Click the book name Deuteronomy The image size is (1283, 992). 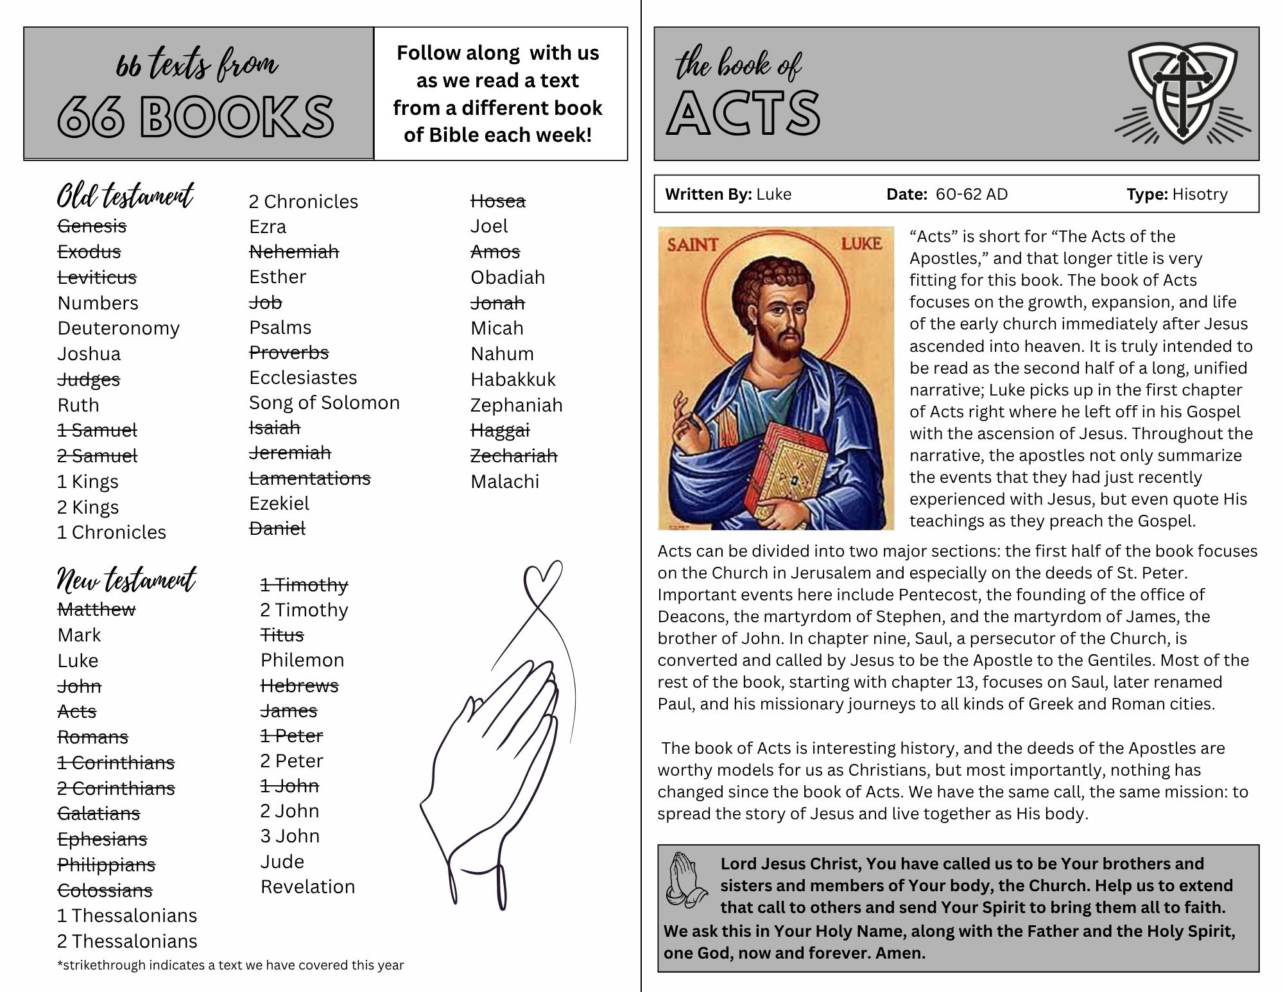click(119, 328)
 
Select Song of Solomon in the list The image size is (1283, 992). click(324, 403)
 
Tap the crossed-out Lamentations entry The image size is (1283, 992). click(310, 478)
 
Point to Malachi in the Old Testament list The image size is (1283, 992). click(504, 482)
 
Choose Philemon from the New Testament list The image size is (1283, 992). click(302, 660)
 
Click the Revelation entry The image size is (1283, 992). click(307, 887)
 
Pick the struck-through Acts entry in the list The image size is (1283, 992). click(77, 711)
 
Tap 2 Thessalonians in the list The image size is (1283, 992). click(127, 941)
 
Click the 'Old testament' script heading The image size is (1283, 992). click(125, 196)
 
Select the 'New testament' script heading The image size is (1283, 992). click(126, 579)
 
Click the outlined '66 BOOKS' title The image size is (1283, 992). click(196, 117)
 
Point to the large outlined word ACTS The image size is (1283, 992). click(744, 112)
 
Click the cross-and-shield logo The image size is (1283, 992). click(1182, 94)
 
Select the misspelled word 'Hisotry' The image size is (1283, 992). click(1200, 194)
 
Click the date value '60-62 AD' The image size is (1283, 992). click(972, 194)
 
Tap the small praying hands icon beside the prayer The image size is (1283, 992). click(685, 880)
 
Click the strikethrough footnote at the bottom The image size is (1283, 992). click(230, 965)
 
